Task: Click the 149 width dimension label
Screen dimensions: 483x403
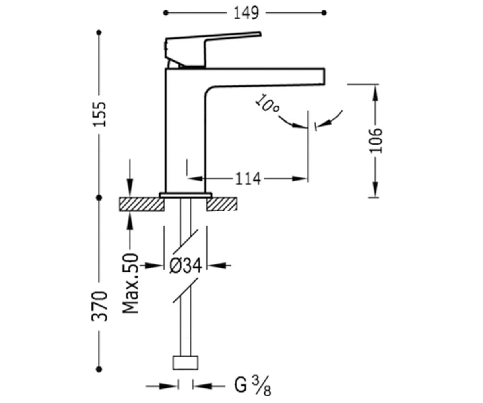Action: click(246, 13)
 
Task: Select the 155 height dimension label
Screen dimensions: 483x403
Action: click(100, 114)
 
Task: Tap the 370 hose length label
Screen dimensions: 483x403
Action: click(100, 306)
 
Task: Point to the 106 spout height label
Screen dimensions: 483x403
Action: click(376, 140)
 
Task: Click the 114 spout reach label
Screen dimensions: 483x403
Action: click(248, 179)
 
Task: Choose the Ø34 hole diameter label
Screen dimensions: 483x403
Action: click(186, 266)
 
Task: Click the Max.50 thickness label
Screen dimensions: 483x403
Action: click(130, 283)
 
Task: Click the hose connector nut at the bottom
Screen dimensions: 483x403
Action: click(186, 363)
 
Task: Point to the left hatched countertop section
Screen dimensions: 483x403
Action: click(142, 204)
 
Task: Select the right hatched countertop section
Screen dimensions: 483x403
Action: click(222, 204)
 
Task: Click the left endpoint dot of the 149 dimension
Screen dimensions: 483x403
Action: click(165, 13)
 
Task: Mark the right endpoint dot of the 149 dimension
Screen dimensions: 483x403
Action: click(324, 13)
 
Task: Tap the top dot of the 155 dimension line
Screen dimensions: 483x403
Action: click(99, 33)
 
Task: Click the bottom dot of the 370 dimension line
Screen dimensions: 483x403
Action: click(99, 370)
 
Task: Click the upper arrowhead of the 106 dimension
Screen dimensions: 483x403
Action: click(375, 93)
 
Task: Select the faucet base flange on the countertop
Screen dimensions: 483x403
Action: click(185, 195)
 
